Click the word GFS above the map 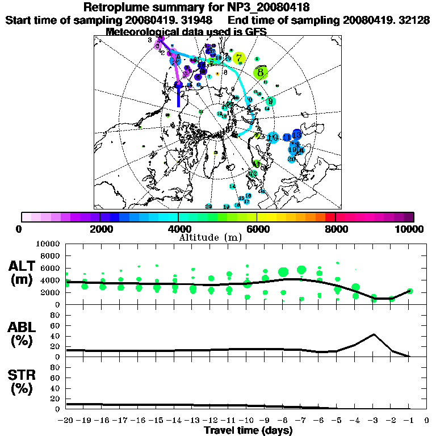click(x=256, y=31)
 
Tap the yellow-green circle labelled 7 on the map click(x=239, y=58)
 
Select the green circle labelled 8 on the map click(x=260, y=72)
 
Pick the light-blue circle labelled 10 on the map click(x=272, y=137)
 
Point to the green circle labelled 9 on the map click(x=271, y=102)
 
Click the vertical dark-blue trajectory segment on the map click(x=179, y=97)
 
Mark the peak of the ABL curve click(x=374, y=334)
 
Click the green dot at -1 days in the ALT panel click(x=409, y=291)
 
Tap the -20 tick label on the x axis click(x=66, y=421)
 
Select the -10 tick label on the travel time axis click(x=247, y=421)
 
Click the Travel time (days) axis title click(x=248, y=430)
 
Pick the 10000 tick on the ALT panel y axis click(x=48, y=244)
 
